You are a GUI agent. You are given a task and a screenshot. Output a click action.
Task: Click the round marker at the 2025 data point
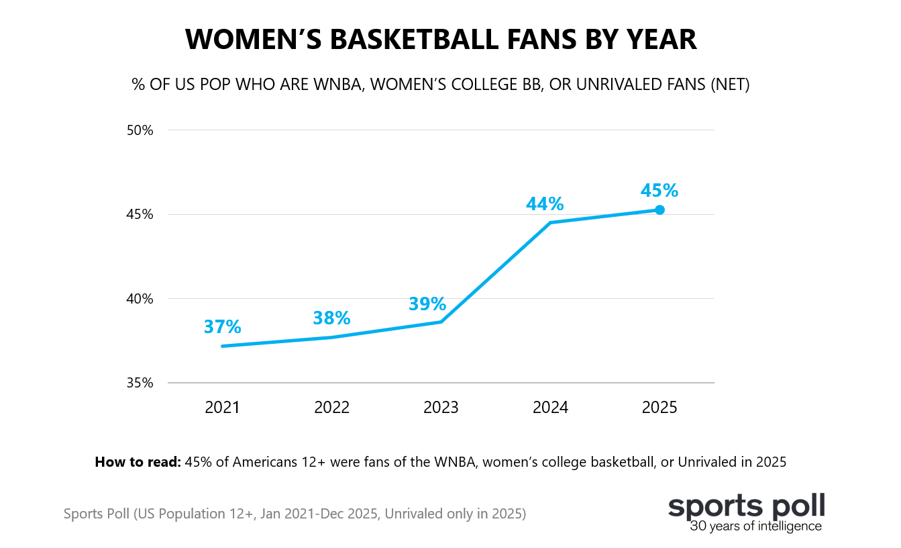659,210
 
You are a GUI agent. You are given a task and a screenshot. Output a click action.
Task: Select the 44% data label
545,204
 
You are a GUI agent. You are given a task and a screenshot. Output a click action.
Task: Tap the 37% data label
222,327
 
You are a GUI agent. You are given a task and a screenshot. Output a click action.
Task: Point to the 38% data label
331,318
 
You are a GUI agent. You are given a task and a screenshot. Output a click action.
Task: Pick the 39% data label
427,304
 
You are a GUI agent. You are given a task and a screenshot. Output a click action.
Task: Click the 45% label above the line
659,191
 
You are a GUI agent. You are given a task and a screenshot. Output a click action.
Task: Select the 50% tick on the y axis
140,130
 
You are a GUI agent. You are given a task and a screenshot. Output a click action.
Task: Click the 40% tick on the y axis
140,299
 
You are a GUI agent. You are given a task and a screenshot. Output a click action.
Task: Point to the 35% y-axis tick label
140,383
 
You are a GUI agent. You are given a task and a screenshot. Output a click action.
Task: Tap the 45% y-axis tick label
140,215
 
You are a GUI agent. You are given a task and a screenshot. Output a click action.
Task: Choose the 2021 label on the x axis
222,408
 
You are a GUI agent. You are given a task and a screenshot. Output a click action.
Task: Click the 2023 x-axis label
441,408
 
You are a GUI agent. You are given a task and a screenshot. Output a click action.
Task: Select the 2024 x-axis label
550,408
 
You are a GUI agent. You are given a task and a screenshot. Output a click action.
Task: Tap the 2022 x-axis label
331,408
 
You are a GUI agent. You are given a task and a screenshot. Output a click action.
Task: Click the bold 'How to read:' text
138,462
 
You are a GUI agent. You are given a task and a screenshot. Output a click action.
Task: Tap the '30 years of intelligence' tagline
755,526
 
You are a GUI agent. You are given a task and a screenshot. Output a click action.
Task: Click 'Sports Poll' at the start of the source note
97,514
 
